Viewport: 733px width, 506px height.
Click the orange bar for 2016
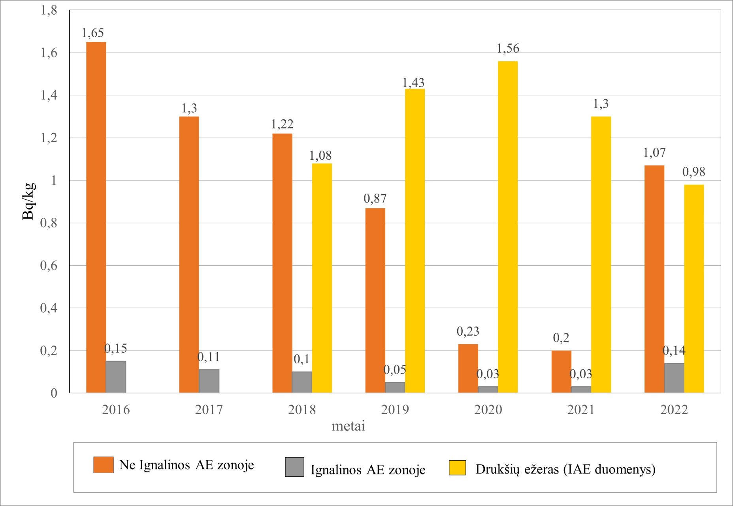(x=96, y=217)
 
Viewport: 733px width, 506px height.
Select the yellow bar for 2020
(x=508, y=227)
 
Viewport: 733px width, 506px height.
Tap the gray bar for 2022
(x=674, y=378)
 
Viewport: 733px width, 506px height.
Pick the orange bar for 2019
(x=375, y=300)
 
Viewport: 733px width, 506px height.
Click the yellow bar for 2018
(x=322, y=278)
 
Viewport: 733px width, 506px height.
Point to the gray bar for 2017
(x=209, y=381)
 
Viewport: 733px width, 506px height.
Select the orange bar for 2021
(x=561, y=372)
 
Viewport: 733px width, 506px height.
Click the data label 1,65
(x=92, y=33)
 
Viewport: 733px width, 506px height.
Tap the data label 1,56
(x=508, y=48)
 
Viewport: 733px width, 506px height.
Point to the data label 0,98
(x=694, y=172)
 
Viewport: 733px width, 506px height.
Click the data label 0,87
(x=375, y=198)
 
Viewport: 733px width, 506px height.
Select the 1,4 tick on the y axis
(x=49, y=95)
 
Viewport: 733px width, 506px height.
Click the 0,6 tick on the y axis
(x=49, y=266)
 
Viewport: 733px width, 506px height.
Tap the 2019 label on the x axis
(x=395, y=410)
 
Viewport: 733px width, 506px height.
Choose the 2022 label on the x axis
(x=674, y=410)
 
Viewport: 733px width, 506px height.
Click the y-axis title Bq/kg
(x=28, y=201)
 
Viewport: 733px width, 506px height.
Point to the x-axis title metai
(x=348, y=426)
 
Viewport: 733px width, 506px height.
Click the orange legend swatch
(x=104, y=465)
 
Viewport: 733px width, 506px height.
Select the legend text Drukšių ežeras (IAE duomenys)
(x=565, y=469)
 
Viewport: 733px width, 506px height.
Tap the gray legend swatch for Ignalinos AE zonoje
(x=294, y=467)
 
